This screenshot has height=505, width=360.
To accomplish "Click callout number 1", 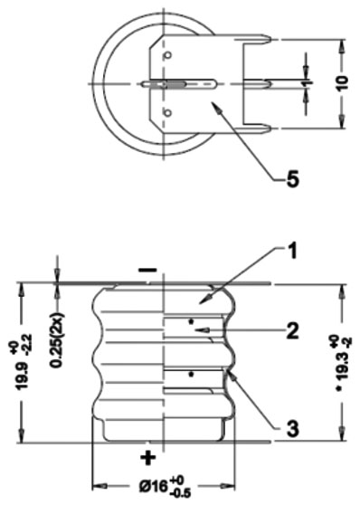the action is point(291,252).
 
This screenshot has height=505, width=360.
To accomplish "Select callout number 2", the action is point(292,330).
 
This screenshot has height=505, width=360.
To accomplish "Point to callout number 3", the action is point(292,428).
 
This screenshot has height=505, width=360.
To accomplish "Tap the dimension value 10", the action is point(344,84).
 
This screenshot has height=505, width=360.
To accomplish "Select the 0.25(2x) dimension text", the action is point(58,339).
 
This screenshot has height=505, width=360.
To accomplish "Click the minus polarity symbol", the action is point(147,270).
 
